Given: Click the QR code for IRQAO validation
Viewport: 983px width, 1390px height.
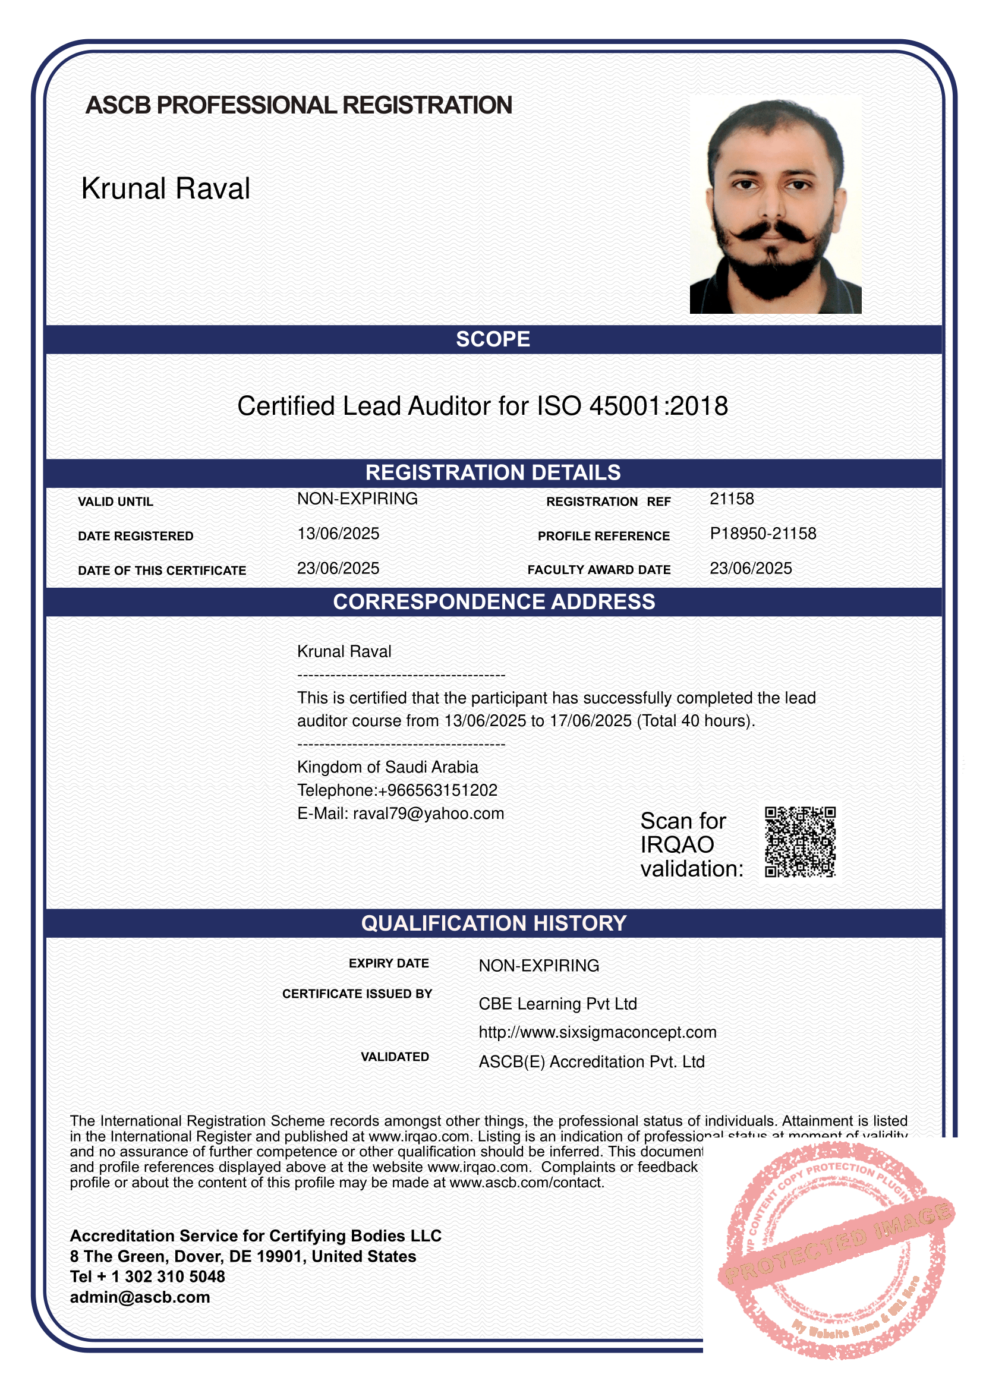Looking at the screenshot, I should pyautogui.click(x=799, y=841).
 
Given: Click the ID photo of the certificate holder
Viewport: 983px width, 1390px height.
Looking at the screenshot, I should pyautogui.click(x=776, y=204).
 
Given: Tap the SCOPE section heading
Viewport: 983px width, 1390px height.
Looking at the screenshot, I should pyautogui.click(x=493, y=339).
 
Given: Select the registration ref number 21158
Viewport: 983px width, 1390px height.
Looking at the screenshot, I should pyautogui.click(x=731, y=499).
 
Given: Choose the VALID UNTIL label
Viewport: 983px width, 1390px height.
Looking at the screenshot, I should pyautogui.click(x=115, y=502).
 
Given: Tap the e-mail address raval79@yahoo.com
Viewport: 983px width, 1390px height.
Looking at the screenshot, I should pyautogui.click(x=428, y=813).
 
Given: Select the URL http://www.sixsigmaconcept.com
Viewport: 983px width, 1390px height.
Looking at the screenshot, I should pyautogui.click(x=597, y=1032).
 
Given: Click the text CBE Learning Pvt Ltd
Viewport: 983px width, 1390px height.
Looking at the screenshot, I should pyautogui.click(x=557, y=1004).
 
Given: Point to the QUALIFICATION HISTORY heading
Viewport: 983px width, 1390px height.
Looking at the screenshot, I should pyautogui.click(x=493, y=923).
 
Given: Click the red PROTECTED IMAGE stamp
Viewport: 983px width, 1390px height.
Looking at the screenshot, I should pyautogui.click(x=835, y=1253).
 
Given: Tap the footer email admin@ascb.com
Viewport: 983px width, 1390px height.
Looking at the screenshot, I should pyautogui.click(x=140, y=1297).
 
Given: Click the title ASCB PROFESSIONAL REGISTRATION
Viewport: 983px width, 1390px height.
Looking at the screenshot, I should pyautogui.click(x=298, y=105).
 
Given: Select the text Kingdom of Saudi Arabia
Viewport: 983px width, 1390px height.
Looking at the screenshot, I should pyautogui.click(x=387, y=767).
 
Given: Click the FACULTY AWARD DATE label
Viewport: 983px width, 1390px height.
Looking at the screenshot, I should pyautogui.click(x=598, y=570).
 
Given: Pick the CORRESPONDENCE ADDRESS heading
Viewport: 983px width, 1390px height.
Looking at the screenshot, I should pyautogui.click(x=493, y=602).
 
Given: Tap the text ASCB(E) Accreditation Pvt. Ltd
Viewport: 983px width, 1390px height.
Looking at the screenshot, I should pyautogui.click(x=591, y=1062).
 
